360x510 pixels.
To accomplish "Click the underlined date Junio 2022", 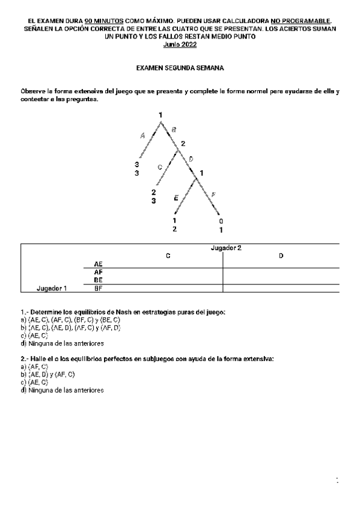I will [180, 45].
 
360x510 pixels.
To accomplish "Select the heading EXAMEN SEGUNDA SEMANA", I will [180, 69].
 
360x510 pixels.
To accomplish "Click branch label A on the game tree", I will [142, 136].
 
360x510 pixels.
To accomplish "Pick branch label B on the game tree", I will [174, 129].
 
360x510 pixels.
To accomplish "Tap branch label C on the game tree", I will [160, 167].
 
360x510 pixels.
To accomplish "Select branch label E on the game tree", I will [175, 197].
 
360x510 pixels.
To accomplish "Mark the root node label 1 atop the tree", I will [160, 115].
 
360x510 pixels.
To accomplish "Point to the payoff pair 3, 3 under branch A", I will [137, 168].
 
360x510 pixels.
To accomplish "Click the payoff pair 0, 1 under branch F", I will [221, 225].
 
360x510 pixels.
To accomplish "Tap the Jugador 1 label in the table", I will [52, 288].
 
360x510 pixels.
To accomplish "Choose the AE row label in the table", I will [99, 263].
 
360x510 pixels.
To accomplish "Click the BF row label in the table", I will [99, 288].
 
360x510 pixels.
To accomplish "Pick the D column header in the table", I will [281, 256].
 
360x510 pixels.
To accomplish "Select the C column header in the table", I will [168, 256].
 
